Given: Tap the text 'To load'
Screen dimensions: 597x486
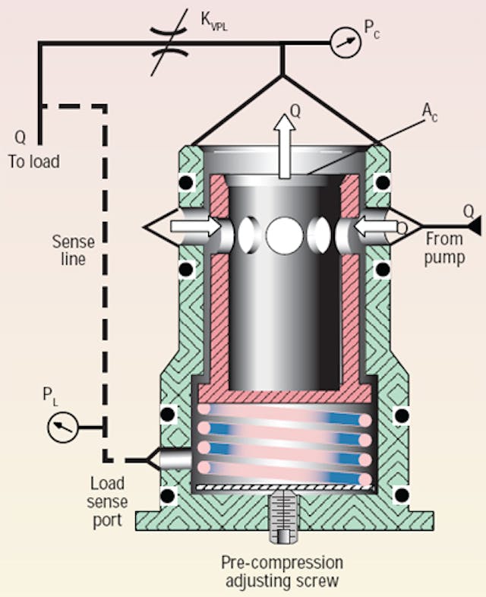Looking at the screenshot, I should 34,161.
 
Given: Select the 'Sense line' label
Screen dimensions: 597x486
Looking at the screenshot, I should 73,251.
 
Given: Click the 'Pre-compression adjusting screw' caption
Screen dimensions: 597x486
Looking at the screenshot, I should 282,571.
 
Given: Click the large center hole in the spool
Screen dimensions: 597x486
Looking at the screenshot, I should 281,235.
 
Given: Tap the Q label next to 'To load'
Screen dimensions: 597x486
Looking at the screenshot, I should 21,139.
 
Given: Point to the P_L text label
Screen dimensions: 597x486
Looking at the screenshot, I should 49,396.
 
